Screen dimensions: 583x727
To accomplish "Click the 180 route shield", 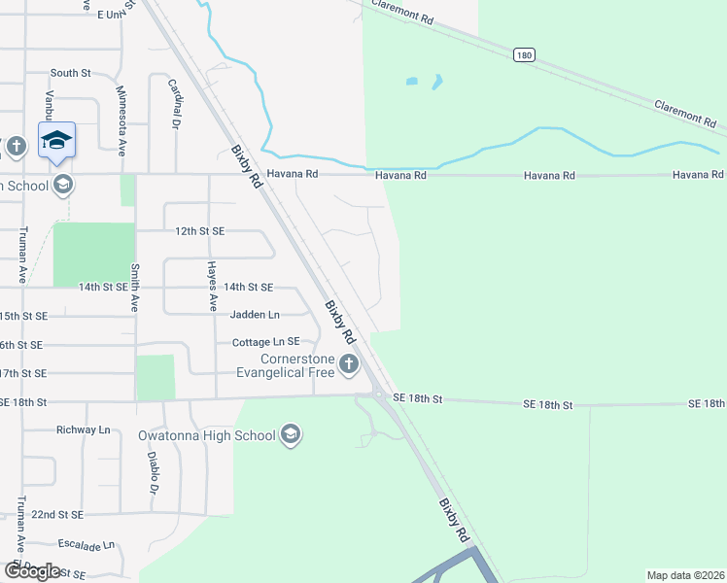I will point(525,56).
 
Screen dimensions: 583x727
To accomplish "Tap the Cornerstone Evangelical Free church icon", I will point(349,364).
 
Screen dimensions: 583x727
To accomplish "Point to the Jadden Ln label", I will point(255,316).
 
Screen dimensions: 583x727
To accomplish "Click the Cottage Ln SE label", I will point(265,343).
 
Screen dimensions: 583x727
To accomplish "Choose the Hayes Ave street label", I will point(213,287).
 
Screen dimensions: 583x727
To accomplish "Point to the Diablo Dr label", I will point(153,472).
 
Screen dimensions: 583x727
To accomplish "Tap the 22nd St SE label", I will point(57,514).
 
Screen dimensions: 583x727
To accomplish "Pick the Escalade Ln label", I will point(87,544).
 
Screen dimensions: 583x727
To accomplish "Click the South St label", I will point(70,73).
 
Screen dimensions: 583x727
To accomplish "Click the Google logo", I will point(32,571).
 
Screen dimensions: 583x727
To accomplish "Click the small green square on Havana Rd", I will point(127,189).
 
